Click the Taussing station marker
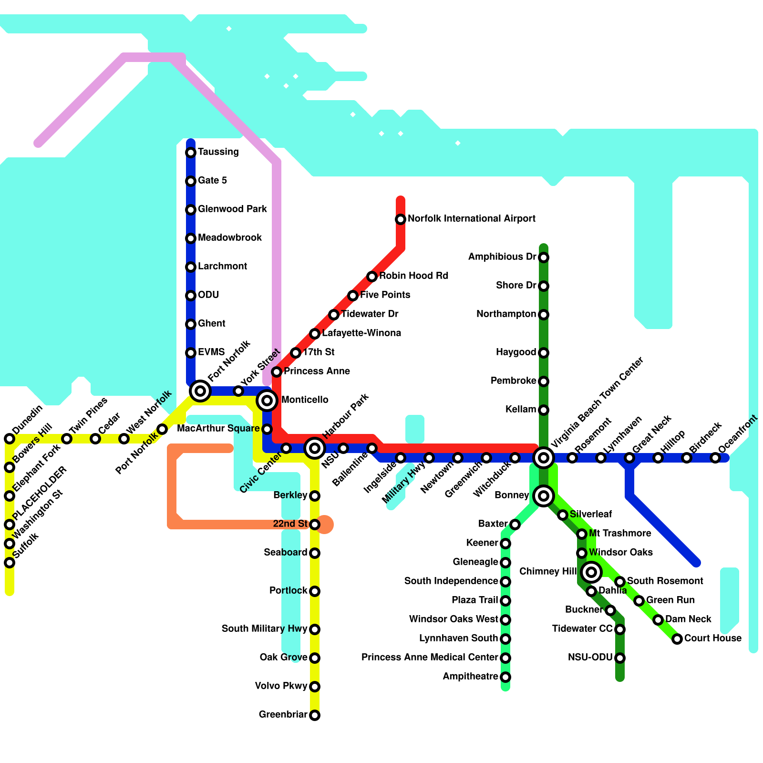(191, 153)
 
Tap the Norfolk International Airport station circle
(401, 219)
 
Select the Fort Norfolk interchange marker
(200, 391)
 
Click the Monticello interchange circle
(267, 401)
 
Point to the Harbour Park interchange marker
(315, 448)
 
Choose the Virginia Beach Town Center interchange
(544, 458)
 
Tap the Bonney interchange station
(544, 496)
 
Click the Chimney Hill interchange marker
(591, 572)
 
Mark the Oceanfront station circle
(715, 458)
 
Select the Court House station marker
(677, 639)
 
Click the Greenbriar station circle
(315, 715)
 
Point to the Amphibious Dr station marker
(544, 258)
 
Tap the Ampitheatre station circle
(505, 677)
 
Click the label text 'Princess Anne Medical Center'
(429, 658)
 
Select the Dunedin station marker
(10, 439)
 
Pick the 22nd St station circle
(315, 525)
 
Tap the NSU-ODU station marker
(620, 658)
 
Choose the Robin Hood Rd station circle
(372, 277)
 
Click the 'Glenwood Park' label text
(232, 209)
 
